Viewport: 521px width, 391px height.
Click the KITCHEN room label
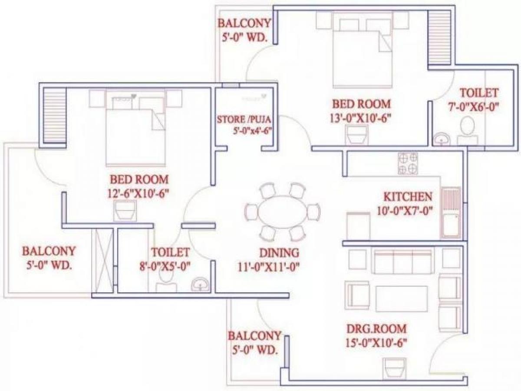click(408, 197)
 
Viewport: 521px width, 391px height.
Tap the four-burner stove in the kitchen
click(408, 164)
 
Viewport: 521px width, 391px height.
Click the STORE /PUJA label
click(244, 119)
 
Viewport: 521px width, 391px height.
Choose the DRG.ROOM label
click(377, 329)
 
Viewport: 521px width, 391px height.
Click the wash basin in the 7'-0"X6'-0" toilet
click(441, 140)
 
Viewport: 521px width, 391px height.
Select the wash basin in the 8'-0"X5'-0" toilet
click(200, 285)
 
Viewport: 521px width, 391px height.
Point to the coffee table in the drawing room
click(401, 298)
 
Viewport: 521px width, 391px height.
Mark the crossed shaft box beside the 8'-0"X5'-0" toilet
click(103, 261)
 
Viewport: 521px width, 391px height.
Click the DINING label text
click(279, 253)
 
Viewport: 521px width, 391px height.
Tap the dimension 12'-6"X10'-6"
click(138, 194)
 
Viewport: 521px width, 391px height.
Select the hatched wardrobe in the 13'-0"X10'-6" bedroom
click(439, 37)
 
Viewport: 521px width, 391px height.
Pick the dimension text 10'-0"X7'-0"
click(404, 211)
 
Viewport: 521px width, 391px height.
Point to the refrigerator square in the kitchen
click(358, 226)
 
